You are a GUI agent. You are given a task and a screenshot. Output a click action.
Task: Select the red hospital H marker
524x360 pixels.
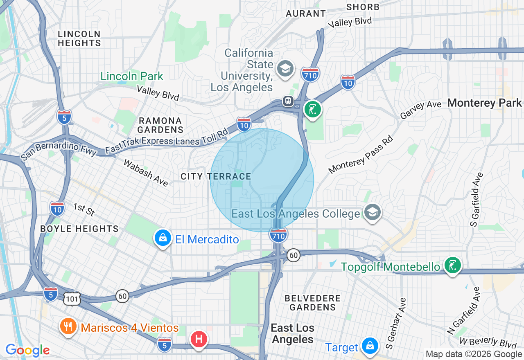point(199,339)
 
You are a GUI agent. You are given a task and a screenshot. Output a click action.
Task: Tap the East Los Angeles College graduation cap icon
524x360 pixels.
point(372,212)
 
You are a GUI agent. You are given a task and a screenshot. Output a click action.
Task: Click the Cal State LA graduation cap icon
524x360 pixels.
point(285,68)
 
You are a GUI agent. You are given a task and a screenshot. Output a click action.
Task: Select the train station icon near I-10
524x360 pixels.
point(288,101)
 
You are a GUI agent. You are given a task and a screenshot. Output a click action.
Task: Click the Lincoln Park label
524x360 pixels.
point(132,76)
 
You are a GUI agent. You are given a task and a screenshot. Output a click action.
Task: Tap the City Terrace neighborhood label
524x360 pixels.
point(216,176)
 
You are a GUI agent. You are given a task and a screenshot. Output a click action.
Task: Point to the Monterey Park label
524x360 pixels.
point(484,103)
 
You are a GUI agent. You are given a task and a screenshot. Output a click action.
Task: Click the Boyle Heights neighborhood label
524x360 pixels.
point(79,229)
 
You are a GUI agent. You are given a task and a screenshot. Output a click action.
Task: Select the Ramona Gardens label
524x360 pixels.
point(160,125)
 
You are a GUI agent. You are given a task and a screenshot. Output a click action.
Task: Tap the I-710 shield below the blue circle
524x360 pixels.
point(278,235)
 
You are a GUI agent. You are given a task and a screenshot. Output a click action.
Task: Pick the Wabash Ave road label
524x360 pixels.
point(146,173)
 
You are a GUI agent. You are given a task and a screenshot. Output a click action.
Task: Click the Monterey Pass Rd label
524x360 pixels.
point(360,154)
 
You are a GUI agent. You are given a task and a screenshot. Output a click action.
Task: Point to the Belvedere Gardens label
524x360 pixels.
point(312,302)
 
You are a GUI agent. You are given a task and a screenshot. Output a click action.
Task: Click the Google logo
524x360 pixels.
point(27,350)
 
